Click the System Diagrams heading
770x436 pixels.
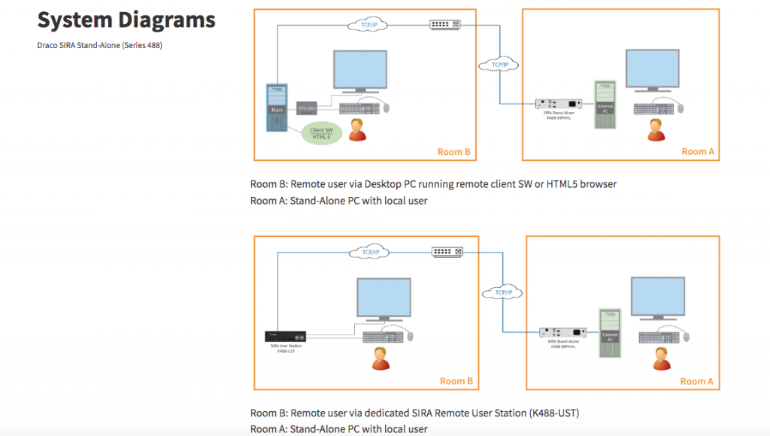tap(126, 20)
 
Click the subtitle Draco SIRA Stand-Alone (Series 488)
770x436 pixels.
tap(100, 45)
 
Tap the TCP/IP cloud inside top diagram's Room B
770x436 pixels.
tap(368, 26)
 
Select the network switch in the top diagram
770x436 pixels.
tap(444, 25)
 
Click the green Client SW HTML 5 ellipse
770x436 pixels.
tap(322, 133)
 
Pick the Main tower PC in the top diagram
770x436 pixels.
tap(277, 108)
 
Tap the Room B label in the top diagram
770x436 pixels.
tap(453, 152)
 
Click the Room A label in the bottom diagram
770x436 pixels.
tap(697, 381)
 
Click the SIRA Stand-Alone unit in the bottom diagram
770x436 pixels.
tap(563, 332)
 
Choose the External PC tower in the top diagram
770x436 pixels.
tap(605, 105)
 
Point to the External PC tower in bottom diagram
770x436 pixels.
tap(610, 333)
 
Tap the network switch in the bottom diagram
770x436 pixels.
tap(447, 252)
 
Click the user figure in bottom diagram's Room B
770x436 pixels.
tap(381, 359)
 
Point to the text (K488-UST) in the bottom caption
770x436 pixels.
tap(553, 413)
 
